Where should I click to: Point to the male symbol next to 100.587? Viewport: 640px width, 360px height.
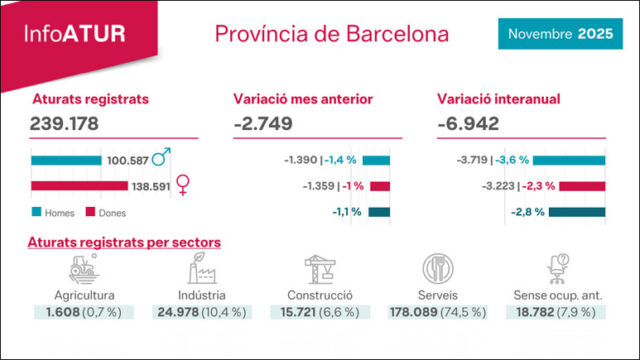[161, 158]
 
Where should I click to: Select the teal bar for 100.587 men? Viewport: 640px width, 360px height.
[65, 160]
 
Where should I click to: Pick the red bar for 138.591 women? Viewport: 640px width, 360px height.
[79, 185]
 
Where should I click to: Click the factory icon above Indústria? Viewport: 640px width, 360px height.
[202, 268]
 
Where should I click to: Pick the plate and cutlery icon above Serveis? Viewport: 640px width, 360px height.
[437, 268]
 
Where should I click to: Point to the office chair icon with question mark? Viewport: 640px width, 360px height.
[557, 268]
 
